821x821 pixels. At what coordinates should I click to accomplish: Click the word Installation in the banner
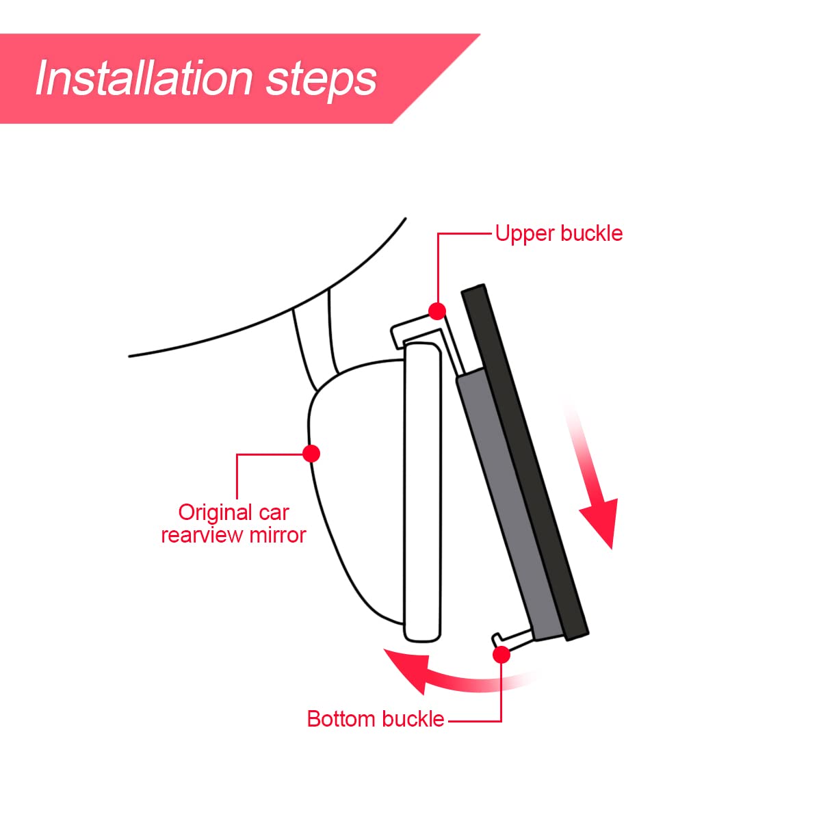tap(144, 79)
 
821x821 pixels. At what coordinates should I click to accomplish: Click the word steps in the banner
tap(322, 81)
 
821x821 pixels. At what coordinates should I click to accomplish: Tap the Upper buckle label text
tap(558, 233)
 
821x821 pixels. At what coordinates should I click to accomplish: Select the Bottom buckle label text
tap(376, 719)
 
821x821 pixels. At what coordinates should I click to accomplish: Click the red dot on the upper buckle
tap(436, 311)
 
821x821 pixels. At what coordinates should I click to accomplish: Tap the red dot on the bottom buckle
tap(501, 655)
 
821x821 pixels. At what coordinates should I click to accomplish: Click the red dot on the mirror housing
tap(311, 454)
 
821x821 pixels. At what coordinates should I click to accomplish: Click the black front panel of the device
tap(525, 462)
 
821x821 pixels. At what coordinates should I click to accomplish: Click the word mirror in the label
tap(278, 536)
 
